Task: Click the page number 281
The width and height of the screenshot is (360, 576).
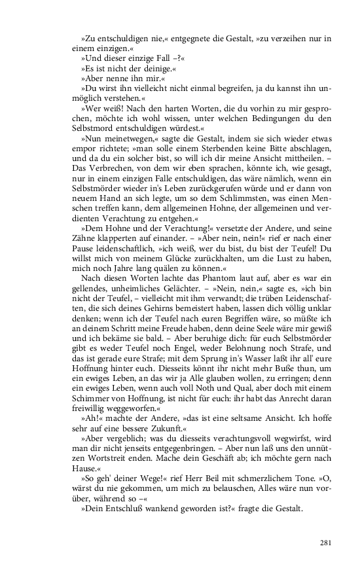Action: tap(328, 542)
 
